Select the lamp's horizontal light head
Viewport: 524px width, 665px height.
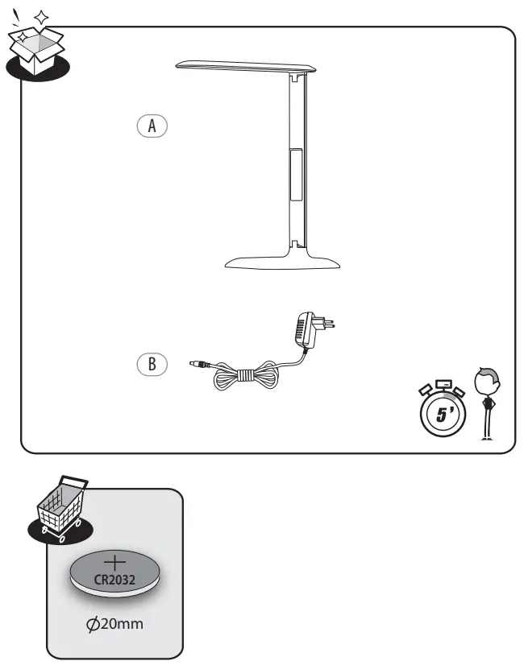click(245, 67)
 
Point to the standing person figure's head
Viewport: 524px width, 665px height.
click(488, 380)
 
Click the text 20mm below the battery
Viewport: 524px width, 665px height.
click(123, 624)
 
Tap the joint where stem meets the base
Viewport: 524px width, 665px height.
click(297, 241)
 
